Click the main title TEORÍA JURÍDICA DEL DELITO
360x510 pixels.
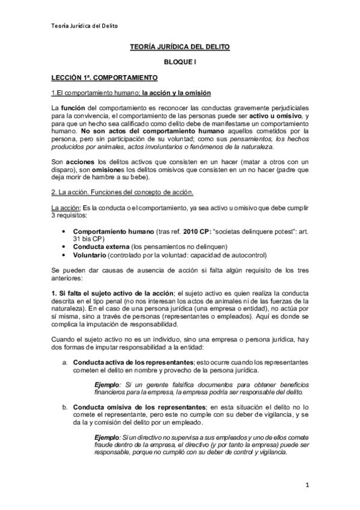(180, 46)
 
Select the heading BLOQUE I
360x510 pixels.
(180, 62)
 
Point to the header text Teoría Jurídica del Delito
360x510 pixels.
(83, 25)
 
